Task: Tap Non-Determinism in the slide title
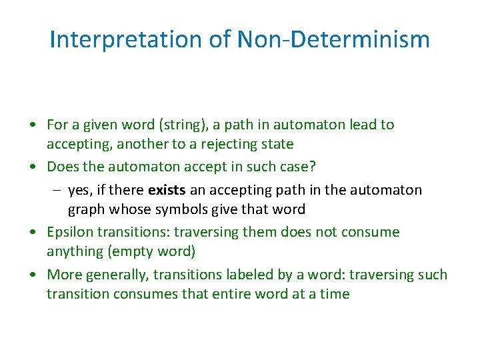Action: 333,40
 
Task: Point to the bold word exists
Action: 167,190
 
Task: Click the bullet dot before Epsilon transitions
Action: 32,233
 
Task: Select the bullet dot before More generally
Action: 32,275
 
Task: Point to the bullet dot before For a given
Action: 32,125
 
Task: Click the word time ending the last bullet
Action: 334,294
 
